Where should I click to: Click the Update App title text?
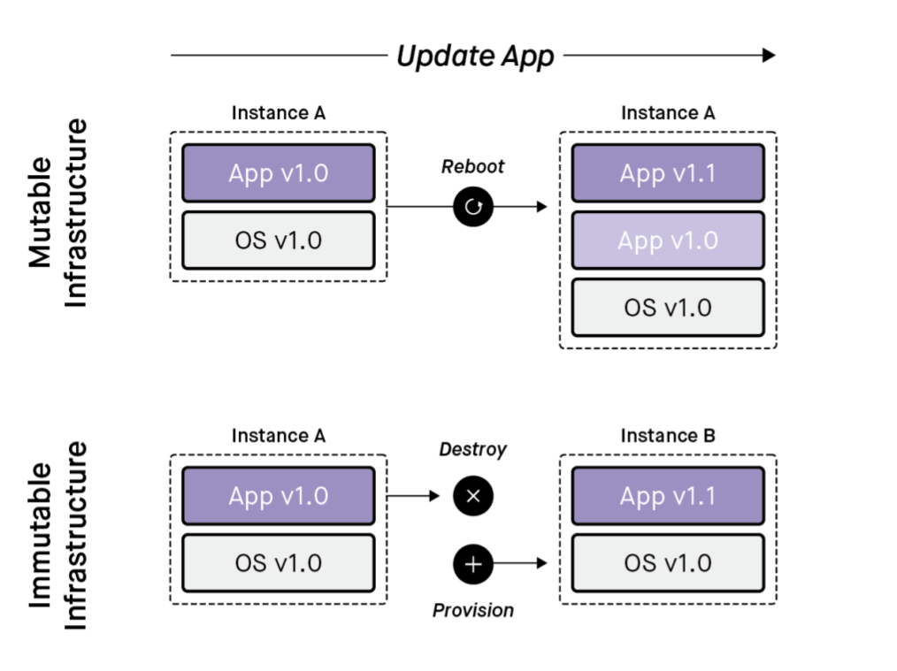tap(474, 56)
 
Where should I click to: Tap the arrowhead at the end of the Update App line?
tap(768, 55)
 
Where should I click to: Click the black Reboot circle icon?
tap(473, 207)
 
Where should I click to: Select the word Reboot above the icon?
tap(473, 167)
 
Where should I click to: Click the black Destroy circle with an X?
tap(473, 496)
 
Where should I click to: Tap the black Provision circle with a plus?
tap(473, 563)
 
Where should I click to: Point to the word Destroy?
tap(473, 449)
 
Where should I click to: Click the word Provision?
tap(473, 610)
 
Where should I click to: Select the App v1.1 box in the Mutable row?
tap(668, 173)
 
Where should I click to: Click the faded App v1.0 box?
tap(668, 240)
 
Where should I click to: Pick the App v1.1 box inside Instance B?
tap(668, 496)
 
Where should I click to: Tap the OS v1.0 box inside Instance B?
tap(668, 563)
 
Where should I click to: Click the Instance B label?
tap(668, 436)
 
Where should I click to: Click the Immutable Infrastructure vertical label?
tap(58, 535)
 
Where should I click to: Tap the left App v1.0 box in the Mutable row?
tap(278, 173)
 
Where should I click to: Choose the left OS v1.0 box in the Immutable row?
tap(278, 563)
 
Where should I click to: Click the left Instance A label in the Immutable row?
tap(278, 436)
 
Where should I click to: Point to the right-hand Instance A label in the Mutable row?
tap(668, 113)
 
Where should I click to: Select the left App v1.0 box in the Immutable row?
tap(278, 496)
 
